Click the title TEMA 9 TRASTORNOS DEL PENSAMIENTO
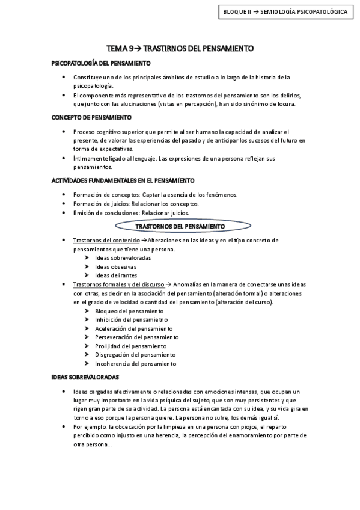(x=180, y=48)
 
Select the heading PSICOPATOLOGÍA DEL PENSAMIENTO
(x=100, y=63)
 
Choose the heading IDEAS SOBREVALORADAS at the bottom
(x=85, y=377)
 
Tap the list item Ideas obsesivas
(x=115, y=266)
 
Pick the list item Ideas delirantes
(x=116, y=275)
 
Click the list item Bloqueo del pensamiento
(x=129, y=311)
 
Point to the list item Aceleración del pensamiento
(x=133, y=328)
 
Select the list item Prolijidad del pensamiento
(x=131, y=346)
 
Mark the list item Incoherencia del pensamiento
(x=135, y=363)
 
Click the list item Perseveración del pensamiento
(x=136, y=337)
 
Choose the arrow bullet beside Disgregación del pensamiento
(x=87, y=355)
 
